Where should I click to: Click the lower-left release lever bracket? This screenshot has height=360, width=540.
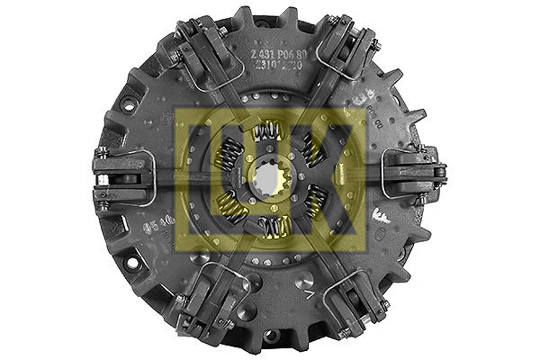point(200,301)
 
